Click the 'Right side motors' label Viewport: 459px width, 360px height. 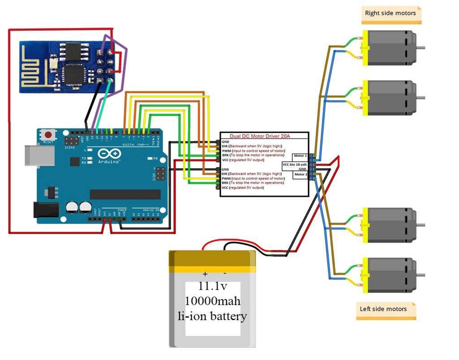point(390,13)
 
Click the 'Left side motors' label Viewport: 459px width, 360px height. point(383,309)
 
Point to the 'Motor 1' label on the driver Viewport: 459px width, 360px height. point(300,156)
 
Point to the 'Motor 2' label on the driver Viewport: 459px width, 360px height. point(300,175)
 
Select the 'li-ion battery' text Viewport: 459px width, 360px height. point(212,316)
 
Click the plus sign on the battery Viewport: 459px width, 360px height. point(205,274)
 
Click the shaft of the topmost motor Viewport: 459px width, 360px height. point(421,47)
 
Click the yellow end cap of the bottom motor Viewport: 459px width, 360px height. point(365,274)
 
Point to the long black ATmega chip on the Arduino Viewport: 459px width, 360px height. point(125,194)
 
